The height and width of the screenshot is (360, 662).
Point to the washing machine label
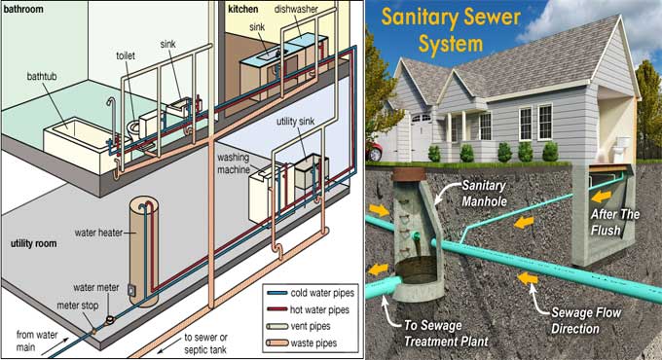[x=238, y=162]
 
